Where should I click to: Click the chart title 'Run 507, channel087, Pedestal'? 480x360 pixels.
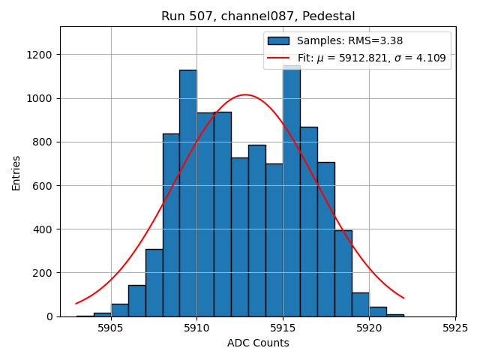pyautogui.click(x=258, y=16)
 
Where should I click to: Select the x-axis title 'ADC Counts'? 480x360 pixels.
pyautogui.click(x=258, y=343)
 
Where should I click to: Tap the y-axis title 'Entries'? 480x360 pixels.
pyautogui.click(x=16, y=172)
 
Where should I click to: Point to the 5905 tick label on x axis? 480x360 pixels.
pyautogui.click(x=111, y=328)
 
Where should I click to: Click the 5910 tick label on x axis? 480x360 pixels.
pyautogui.click(x=196, y=328)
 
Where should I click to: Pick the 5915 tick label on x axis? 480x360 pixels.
pyautogui.click(x=283, y=328)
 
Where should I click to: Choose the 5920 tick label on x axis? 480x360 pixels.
pyautogui.click(x=369, y=328)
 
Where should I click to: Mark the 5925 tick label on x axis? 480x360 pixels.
pyautogui.click(x=455, y=328)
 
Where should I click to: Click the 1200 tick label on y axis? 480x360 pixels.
pyautogui.click(x=40, y=55)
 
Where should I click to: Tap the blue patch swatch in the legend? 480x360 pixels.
pyautogui.click(x=278, y=41)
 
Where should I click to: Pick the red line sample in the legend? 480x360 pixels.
pyautogui.click(x=278, y=58)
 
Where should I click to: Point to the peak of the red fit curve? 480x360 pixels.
pyautogui.click(x=245, y=94)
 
